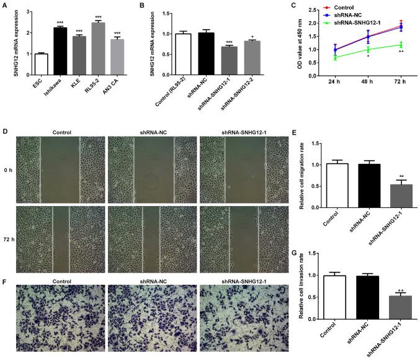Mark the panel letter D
(x=5, y=132)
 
